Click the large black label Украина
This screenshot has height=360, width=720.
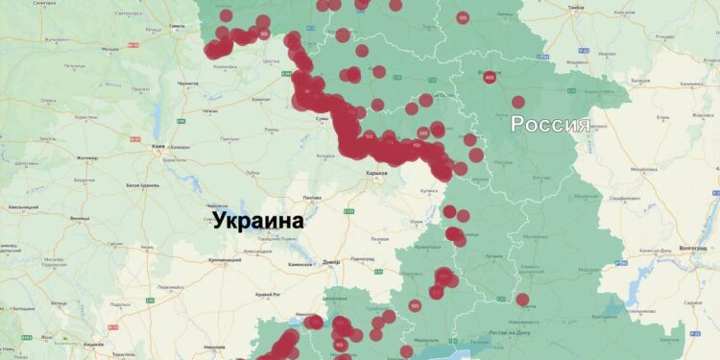pos(257,220)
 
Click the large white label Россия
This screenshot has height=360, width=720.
pos(549,124)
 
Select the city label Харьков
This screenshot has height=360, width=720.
pos(375,174)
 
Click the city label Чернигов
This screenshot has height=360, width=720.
pos(188,84)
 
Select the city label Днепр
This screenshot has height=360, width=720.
pos(331,261)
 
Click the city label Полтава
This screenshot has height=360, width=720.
pos(311,198)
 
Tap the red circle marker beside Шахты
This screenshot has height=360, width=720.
pos(522,300)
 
